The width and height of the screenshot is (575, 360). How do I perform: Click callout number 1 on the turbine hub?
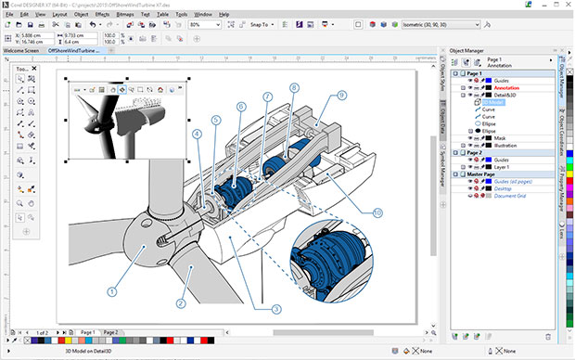113,290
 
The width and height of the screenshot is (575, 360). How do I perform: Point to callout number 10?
377,212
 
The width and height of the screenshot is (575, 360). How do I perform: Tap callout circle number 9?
341,95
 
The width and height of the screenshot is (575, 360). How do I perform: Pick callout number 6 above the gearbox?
241,108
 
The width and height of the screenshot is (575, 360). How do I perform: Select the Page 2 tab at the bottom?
110,331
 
